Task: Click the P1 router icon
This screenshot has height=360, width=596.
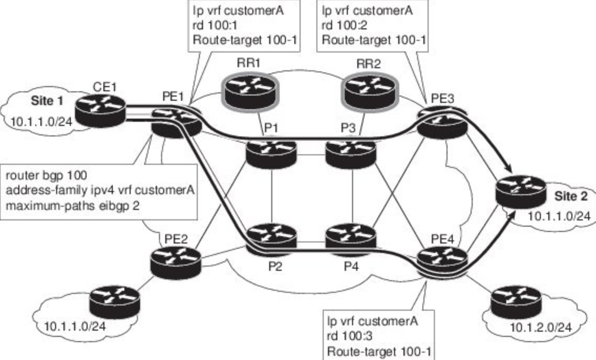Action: pyautogui.click(x=271, y=152)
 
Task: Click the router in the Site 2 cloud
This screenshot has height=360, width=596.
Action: pyautogui.click(x=521, y=195)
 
